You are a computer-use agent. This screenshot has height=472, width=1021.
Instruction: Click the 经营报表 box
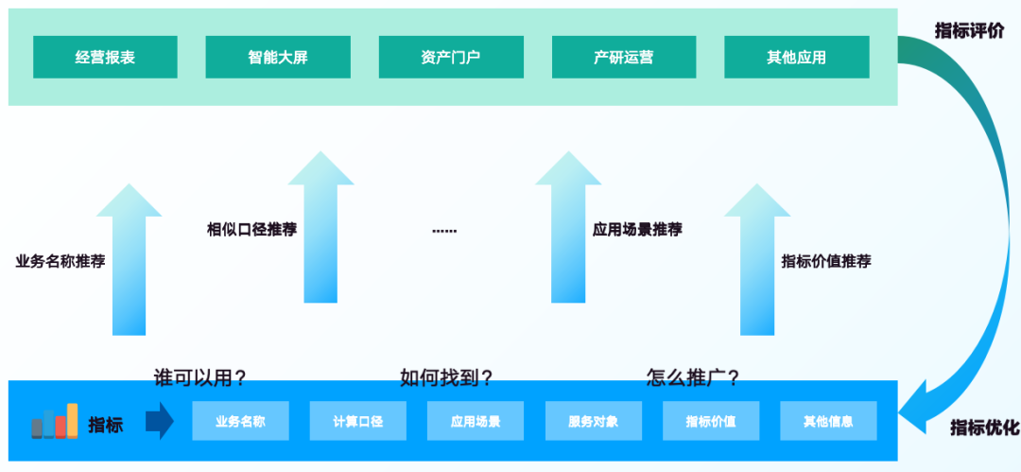[105, 57]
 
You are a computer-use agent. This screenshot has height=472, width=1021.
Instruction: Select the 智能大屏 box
[278, 57]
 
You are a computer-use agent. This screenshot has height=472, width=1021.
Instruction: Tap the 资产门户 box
[451, 57]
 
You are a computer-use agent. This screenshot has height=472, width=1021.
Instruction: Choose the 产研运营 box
[624, 57]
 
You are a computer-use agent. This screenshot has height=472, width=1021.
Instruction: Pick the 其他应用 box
[797, 57]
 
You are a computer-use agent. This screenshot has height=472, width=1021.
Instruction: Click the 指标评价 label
[969, 30]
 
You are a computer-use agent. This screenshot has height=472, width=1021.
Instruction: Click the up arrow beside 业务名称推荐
[129, 265]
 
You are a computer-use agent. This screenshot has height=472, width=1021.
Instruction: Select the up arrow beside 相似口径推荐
[320, 232]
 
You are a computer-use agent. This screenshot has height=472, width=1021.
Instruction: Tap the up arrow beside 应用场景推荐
[568, 232]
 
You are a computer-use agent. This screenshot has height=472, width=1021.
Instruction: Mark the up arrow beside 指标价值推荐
[757, 265]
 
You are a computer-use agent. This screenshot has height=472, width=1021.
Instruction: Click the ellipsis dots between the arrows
[444, 230]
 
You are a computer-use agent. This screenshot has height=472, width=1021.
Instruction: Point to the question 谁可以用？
[200, 378]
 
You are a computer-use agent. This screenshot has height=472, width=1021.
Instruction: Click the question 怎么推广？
[693, 378]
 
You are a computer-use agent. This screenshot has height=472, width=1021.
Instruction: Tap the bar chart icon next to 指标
[55, 422]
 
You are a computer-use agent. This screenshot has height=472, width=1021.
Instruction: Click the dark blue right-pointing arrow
[160, 421]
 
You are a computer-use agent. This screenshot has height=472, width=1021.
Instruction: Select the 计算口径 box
[357, 421]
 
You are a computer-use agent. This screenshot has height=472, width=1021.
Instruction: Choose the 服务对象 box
[593, 421]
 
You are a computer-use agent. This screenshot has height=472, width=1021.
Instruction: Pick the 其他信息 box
[828, 421]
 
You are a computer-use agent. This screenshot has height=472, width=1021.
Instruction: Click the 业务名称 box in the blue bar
[240, 421]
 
